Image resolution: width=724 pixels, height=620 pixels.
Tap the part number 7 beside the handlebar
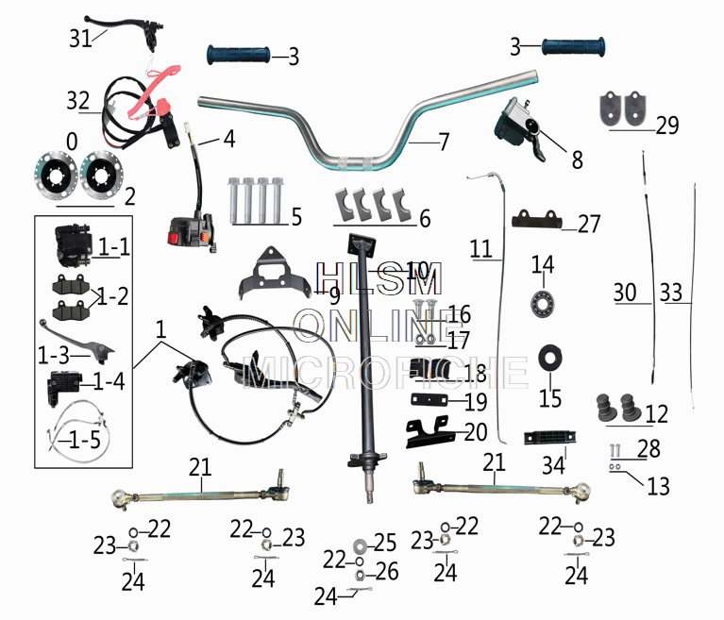click(444, 143)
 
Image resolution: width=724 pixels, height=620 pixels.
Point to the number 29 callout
click(666, 126)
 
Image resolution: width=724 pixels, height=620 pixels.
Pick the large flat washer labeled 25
click(362, 545)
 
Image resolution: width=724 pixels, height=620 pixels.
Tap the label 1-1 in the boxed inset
click(113, 247)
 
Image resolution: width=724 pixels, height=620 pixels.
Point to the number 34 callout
click(553, 465)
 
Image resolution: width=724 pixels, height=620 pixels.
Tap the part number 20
click(476, 434)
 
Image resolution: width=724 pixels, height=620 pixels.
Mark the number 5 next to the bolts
click(296, 218)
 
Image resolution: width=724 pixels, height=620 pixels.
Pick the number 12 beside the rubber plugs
click(656, 413)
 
